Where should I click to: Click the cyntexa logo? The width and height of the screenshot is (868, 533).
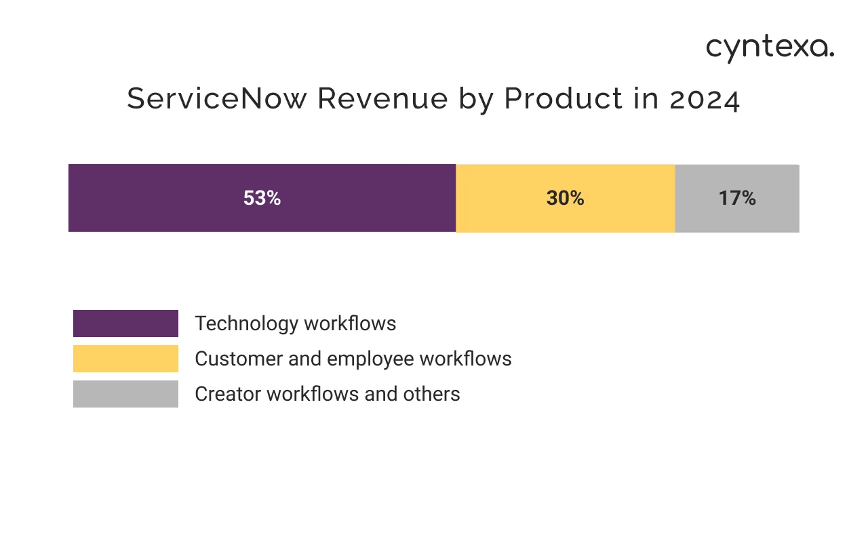(770, 49)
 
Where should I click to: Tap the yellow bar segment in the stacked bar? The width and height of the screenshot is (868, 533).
(502, 198)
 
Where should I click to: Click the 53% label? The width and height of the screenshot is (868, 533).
(262, 198)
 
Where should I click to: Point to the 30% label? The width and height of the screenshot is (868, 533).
(565, 198)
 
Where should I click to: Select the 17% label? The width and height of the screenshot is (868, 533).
(737, 198)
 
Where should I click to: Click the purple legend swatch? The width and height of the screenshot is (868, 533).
(125, 323)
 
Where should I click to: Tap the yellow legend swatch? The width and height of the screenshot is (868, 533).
(125, 359)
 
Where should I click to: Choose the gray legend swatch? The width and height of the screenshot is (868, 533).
(125, 394)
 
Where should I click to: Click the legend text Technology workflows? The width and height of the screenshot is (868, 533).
(295, 323)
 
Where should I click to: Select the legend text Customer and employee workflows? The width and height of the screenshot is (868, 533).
(353, 359)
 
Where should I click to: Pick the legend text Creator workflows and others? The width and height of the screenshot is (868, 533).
(327, 394)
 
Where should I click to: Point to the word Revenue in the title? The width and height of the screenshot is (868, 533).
(382, 99)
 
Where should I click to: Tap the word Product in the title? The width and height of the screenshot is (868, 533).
(563, 99)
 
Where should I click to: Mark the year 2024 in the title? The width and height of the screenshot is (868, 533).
(705, 100)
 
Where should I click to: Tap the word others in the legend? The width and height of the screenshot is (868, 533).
(434, 394)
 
